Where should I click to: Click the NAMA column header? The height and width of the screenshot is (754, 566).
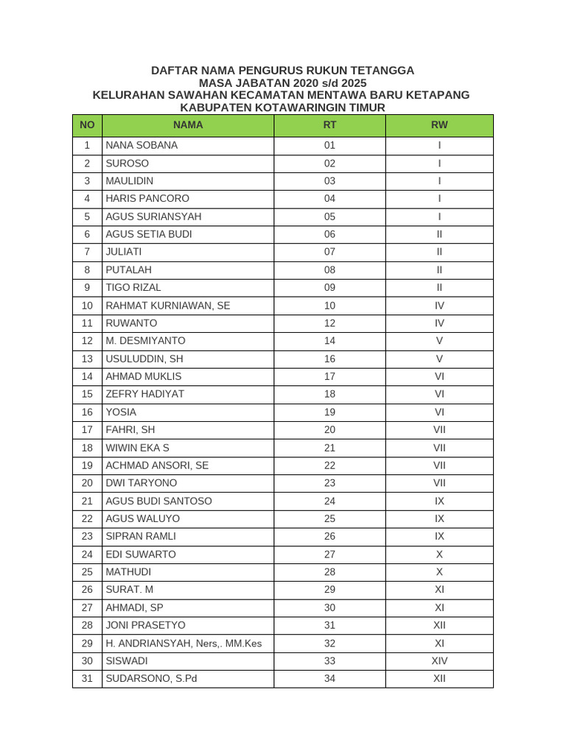click(188, 125)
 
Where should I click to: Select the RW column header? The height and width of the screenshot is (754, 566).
click(439, 125)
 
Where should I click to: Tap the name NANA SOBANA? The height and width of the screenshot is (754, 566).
click(141, 145)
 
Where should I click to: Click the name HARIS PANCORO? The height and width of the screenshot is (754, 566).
click(147, 199)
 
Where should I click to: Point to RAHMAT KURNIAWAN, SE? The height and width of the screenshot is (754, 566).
click(168, 306)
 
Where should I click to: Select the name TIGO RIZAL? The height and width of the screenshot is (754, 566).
click(133, 287)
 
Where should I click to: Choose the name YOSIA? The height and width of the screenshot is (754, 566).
click(121, 412)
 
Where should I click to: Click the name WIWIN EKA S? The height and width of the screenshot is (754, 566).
click(137, 448)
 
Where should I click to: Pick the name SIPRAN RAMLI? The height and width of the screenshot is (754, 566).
click(141, 536)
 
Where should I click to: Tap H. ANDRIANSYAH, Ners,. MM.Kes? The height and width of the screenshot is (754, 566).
click(184, 643)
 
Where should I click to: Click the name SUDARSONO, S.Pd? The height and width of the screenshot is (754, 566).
click(152, 678)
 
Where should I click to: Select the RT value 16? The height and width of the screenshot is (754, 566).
click(329, 359)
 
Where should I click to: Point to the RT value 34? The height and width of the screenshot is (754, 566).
click(329, 678)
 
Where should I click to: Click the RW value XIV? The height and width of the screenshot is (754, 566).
click(439, 660)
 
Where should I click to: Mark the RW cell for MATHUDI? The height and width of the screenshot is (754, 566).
click(439, 572)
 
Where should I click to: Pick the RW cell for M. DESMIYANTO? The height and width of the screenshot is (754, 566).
click(439, 341)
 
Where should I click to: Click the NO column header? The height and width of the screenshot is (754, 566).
click(87, 125)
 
